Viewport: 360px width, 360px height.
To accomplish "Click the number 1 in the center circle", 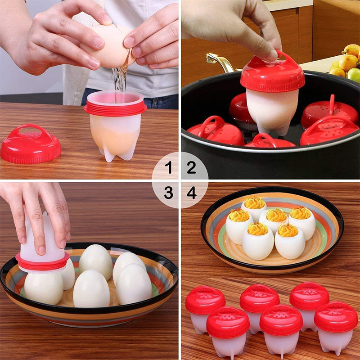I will (169, 168).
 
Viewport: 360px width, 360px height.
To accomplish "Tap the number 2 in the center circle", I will (192, 168).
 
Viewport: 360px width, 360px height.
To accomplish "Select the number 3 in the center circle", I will (169, 193).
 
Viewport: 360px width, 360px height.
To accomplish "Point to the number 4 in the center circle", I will (192, 193).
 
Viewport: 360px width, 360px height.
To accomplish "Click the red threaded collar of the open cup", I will (115, 108).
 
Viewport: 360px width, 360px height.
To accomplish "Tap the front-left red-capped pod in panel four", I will (228, 328).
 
